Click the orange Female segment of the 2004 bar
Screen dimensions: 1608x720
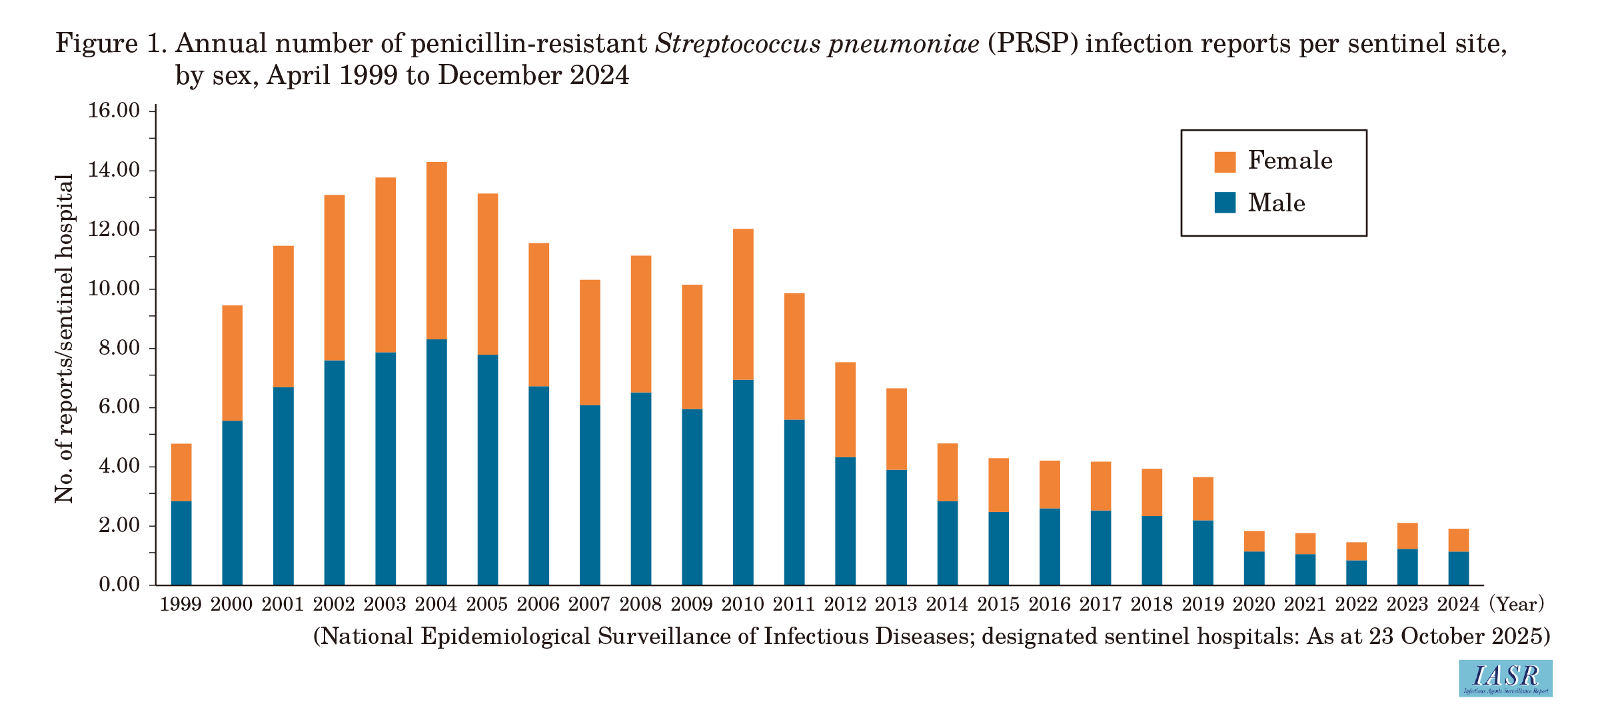coord(436,251)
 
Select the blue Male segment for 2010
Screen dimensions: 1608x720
coord(743,483)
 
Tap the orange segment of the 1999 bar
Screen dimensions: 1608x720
coord(181,473)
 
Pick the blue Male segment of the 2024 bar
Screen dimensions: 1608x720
coord(1458,569)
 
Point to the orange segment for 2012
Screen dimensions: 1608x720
coord(845,410)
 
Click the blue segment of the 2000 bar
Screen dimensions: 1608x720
coord(233,503)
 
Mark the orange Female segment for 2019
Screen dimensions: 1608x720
coord(1203,499)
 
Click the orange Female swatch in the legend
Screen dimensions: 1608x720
coord(1225,161)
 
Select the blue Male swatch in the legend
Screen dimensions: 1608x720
coord(1225,203)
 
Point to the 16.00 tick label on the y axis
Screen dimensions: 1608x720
coord(114,111)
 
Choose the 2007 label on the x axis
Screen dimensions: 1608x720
coord(590,604)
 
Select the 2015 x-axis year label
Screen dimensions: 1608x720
coord(998,604)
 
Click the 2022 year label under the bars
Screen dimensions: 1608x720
coord(1356,604)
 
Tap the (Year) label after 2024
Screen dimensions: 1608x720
coord(1516,604)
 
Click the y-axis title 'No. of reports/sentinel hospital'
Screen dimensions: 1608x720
coord(64,339)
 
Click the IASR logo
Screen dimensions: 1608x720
coord(1505,679)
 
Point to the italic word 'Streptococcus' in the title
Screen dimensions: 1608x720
coord(738,45)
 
